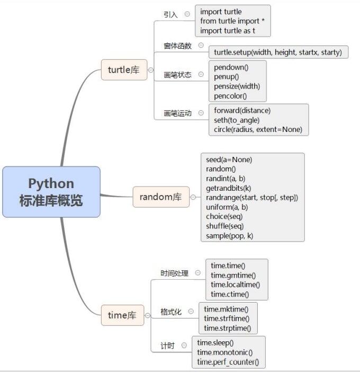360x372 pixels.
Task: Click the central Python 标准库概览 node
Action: pyautogui.click(x=51, y=192)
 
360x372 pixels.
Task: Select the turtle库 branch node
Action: pyautogui.click(x=124, y=70)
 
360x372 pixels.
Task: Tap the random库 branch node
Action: pyautogui.click(x=160, y=197)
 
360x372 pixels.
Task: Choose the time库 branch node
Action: pyautogui.click(x=122, y=315)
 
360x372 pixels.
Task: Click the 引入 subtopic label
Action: pyautogui.click(x=171, y=15)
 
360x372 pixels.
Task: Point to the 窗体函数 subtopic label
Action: pyautogui.click(x=178, y=46)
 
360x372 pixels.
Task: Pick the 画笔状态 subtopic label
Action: pyautogui.click(x=178, y=75)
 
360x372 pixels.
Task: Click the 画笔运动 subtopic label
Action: pyautogui.click(x=178, y=113)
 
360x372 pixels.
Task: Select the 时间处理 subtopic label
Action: pyautogui.click(x=175, y=273)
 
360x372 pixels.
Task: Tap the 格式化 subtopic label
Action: pyautogui.click(x=171, y=312)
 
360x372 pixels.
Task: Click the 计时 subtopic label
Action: pyautogui.click(x=167, y=346)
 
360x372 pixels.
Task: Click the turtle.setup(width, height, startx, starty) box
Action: pyautogui.click(x=278, y=52)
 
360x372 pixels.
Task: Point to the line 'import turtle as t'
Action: pyautogui.click(x=228, y=31)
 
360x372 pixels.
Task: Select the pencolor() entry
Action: pyautogui.click(x=230, y=96)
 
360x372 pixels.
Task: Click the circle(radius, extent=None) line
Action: pyautogui.click(x=258, y=129)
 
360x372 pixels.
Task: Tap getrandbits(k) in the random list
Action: pyautogui.click(x=229, y=188)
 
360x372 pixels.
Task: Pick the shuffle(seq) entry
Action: pyautogui.click(x=224, y=226)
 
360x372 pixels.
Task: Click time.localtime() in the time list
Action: pyautogui.click(x=236, y=285)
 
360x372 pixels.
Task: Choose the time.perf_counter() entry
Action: pyautogui.click(x=228, y=362)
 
